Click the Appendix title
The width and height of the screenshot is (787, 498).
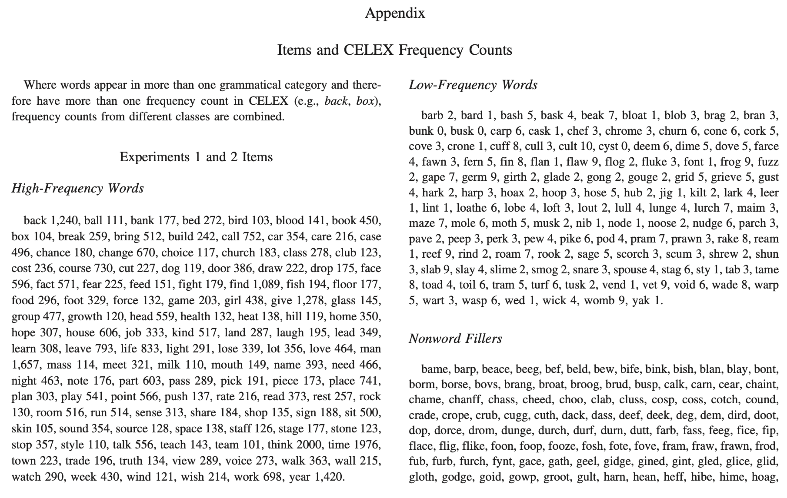[x=395, y=13]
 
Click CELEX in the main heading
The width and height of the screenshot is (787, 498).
[x=369, y=50]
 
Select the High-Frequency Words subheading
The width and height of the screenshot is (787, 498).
[x=77, y=188]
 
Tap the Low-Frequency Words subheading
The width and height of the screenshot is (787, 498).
[x=473, y=85]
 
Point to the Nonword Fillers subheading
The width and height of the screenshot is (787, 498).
[x=455, y=339]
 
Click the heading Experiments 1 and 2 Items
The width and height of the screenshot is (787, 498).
[x=196, y=157]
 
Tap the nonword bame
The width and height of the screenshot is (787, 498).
[x=435, y=369]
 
